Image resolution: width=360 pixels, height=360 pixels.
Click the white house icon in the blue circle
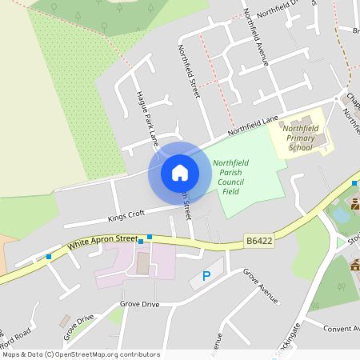click(x=179, y=173)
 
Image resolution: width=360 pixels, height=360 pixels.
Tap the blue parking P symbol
click(x=206, y=277)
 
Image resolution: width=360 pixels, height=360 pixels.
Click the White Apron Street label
click(x=103, y=239)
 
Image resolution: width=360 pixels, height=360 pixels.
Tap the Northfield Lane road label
click(x=252, y=125)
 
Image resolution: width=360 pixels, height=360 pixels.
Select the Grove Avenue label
click(x=261, y=286)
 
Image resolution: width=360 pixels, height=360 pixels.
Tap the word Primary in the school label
click(x=301, y=137)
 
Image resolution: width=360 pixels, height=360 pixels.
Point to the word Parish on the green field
click(x=230, y=173)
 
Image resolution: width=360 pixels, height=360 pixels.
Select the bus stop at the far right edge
click(x=354, y=183)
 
